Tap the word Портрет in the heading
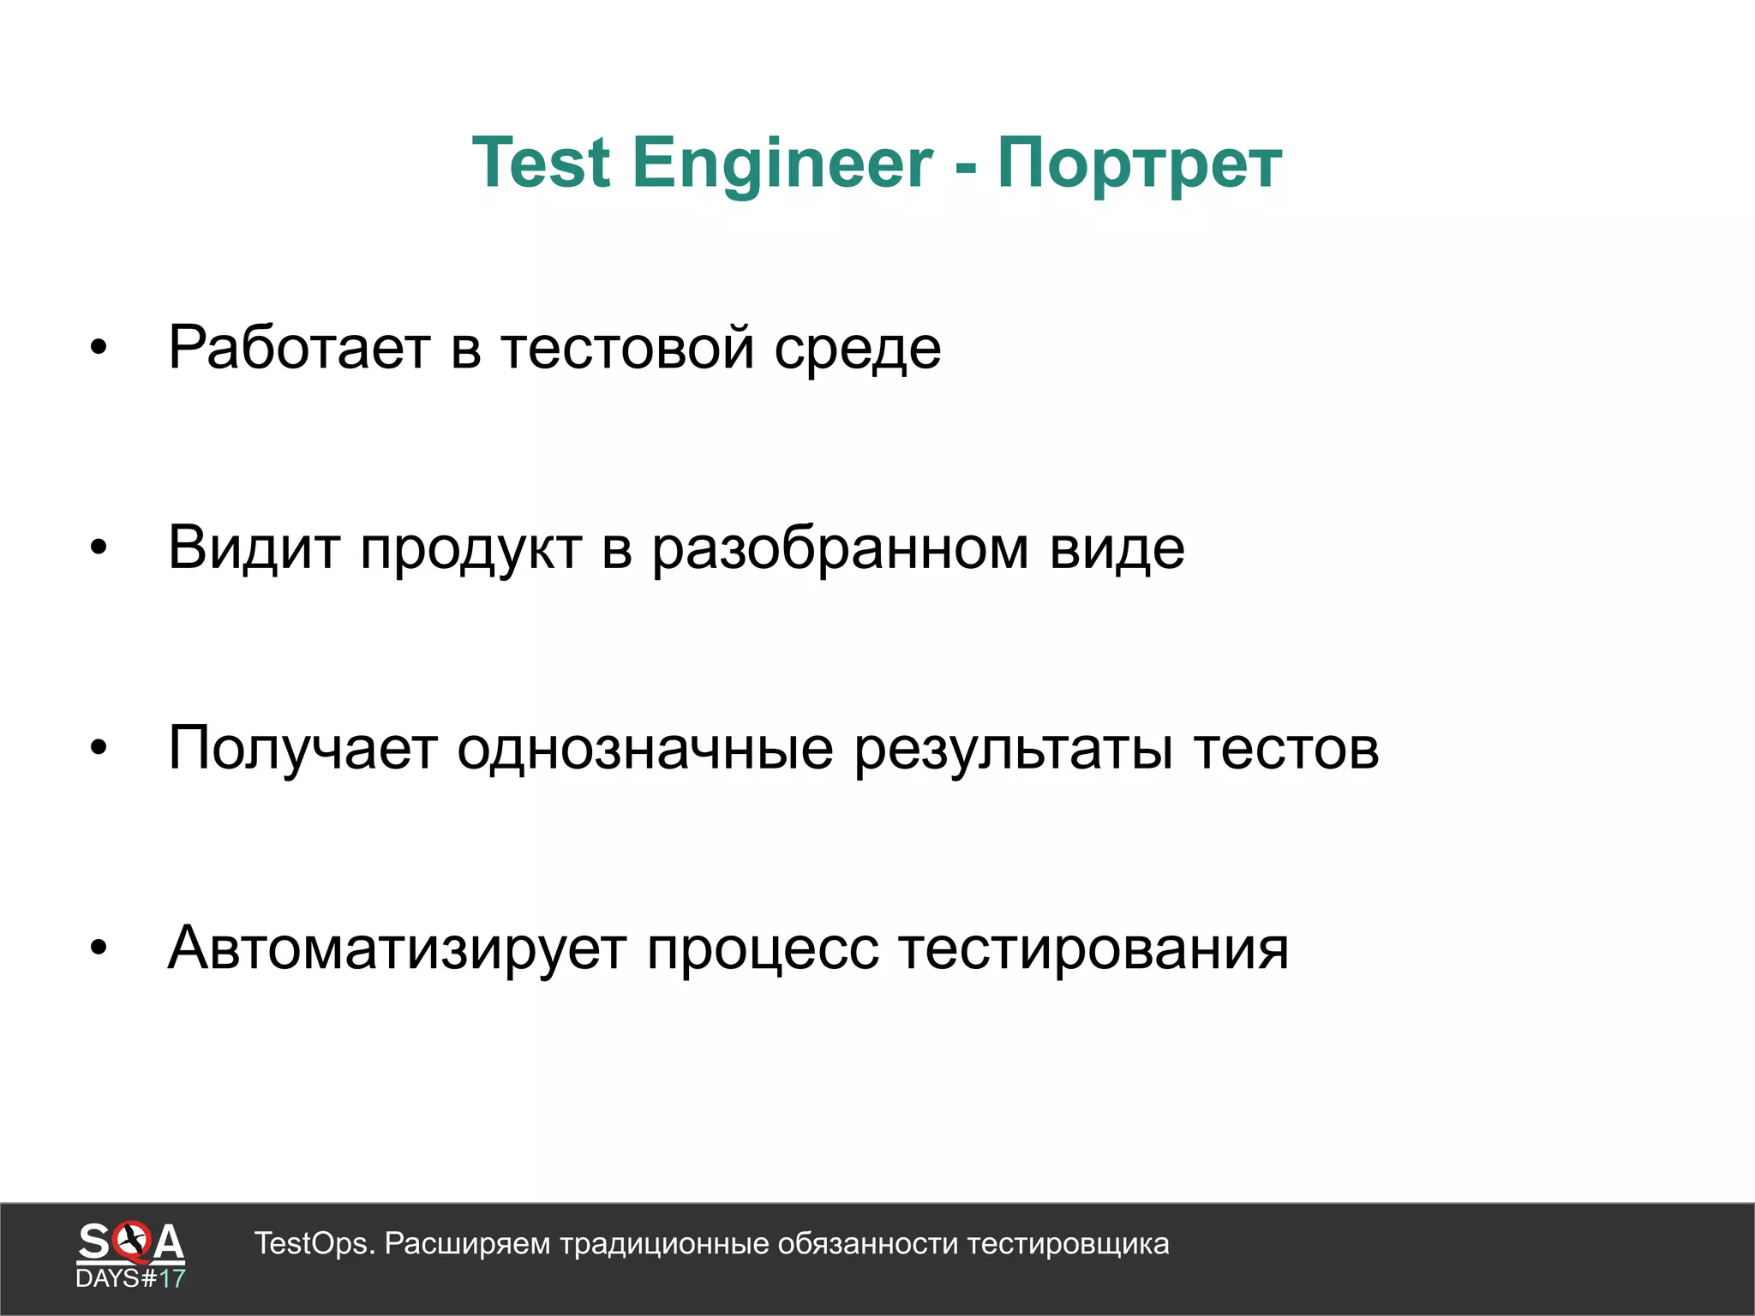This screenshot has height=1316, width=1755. point(1139,163)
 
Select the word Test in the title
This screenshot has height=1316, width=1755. point(541,163)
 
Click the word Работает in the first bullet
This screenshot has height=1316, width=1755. point(299,348)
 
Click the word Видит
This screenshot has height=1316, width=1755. point(254,548)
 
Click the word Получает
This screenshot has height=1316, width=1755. point(302,749)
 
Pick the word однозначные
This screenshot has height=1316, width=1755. point(644,749)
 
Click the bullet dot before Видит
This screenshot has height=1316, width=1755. point(99,547)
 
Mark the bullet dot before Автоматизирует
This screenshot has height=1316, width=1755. point(99,948)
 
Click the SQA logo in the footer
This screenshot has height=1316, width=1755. point(130,1242)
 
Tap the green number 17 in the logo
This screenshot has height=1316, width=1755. point(172,1279)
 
